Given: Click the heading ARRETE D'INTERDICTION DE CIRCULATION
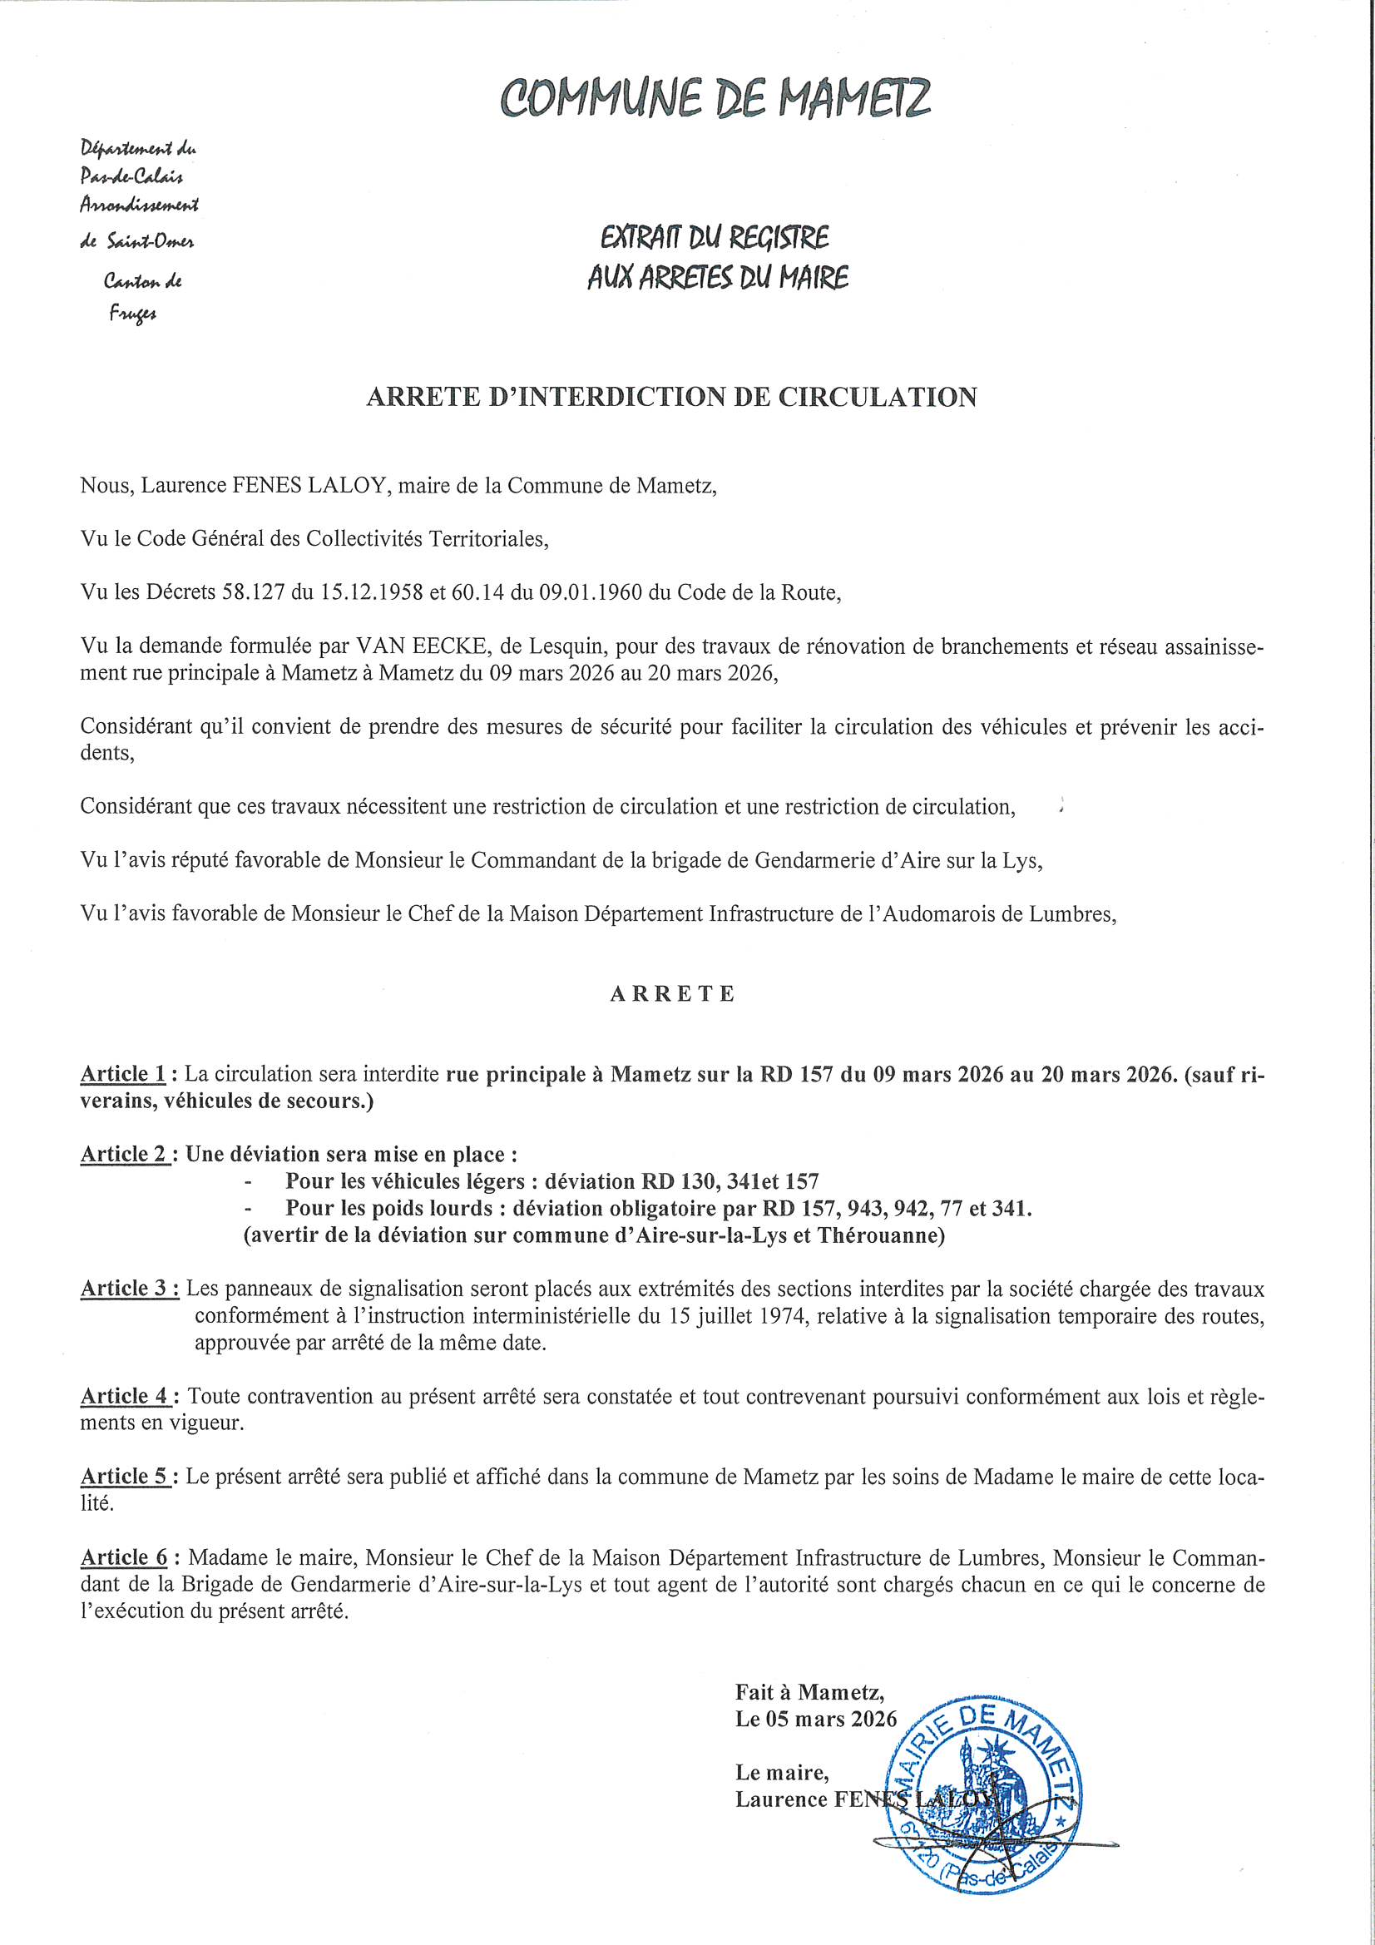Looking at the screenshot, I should pos(671,398).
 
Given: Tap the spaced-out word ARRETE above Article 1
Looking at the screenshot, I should pos(672,993).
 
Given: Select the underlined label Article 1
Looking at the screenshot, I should pos(124,1074).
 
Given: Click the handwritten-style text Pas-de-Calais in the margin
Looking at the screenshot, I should pos(131,177).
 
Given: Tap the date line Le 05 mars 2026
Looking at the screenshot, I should pos(815,1719).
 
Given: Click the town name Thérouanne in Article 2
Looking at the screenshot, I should pos(880,1235).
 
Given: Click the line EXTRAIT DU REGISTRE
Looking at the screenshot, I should pos(715,239).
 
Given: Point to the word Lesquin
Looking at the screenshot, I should pos(565,648).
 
